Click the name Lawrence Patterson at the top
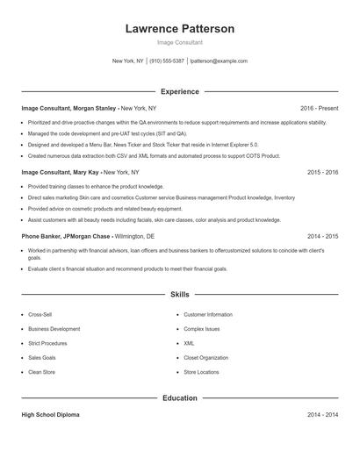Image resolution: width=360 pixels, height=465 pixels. [180, 28]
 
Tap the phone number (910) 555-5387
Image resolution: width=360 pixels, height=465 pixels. [167, 61]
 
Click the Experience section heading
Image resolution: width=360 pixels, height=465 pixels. [180, 91]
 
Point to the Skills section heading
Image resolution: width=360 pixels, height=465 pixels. [180, 296]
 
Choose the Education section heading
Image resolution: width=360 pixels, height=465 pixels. [180, 397]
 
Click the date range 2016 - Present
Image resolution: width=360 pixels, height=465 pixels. [319, 108]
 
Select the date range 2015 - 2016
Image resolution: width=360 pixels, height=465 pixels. [323, 173]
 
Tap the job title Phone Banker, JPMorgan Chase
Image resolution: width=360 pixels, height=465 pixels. [66, 237]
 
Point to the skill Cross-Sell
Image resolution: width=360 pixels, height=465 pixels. [40, 314]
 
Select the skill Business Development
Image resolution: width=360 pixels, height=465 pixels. [54, 329]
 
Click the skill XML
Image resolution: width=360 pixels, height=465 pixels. [189, 343]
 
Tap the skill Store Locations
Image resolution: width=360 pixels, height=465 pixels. [201, 372]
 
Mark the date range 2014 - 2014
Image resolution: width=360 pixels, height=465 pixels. [323, 414]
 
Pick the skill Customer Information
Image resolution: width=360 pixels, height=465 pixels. [208, 314]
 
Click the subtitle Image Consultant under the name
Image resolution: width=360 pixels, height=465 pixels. [180, 42]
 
